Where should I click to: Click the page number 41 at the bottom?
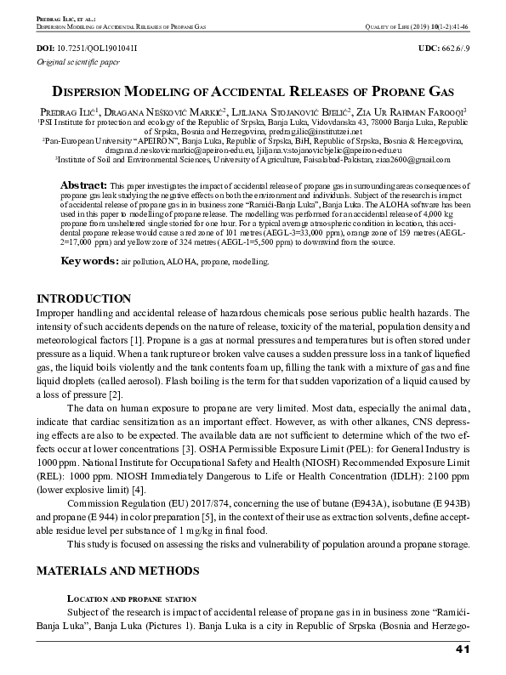463,650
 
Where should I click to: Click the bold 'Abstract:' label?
82,184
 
